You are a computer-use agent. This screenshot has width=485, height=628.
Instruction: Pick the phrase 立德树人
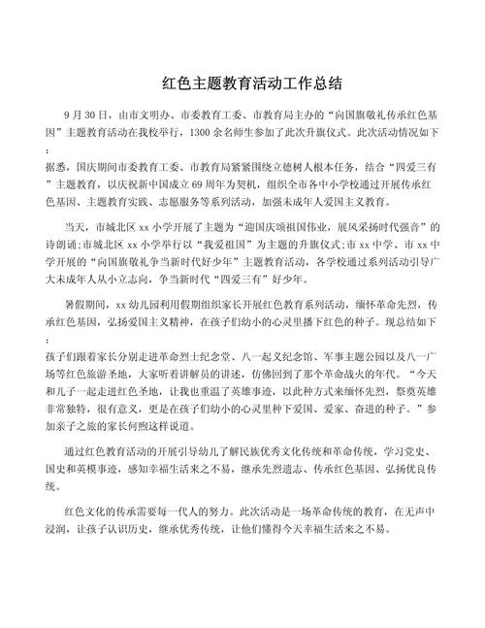coord(293,167)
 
